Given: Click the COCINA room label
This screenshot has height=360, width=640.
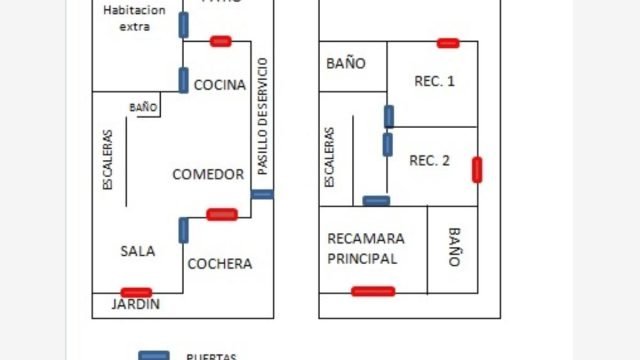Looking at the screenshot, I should (x=219, y=85).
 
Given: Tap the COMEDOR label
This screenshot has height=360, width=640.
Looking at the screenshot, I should (x=208, y=174).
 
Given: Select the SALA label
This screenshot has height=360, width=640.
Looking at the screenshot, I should (x=137, y=251).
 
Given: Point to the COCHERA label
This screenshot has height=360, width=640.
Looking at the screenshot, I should (x=220, y=264).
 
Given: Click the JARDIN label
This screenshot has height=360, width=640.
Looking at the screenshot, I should (x=135, y=304).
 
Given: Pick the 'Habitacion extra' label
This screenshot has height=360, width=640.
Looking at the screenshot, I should (x=135, y=18).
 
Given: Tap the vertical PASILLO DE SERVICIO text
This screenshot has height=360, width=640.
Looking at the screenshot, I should (x=263, y=118).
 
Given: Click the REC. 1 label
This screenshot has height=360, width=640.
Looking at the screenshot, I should (x=434, y=81).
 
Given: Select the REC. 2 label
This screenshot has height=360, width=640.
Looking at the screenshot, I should (x=430, y=160).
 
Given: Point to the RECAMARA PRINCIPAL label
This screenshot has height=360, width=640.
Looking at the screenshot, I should (x=366, y=248).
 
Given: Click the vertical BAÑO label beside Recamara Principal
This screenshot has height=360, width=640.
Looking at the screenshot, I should (x=454, y=246).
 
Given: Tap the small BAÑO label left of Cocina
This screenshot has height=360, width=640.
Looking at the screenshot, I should (x=143, y=107).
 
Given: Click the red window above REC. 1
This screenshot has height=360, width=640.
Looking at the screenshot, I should (x=448, y=43).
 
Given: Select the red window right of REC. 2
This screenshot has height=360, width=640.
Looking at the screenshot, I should (x=477, y=170).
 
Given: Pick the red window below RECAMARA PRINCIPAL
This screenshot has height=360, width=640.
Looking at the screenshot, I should (x=373, y=292).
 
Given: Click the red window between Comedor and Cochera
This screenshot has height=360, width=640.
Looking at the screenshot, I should (x=221, y=214).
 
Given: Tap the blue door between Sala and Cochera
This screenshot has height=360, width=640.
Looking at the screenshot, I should (x=184, y=230).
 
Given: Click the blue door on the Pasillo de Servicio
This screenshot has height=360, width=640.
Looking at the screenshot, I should (x=262, y=194).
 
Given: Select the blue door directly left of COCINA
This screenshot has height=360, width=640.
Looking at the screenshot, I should (x=184, y=80).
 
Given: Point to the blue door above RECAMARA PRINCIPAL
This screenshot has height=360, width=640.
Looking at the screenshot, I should (x=376, y=201).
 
